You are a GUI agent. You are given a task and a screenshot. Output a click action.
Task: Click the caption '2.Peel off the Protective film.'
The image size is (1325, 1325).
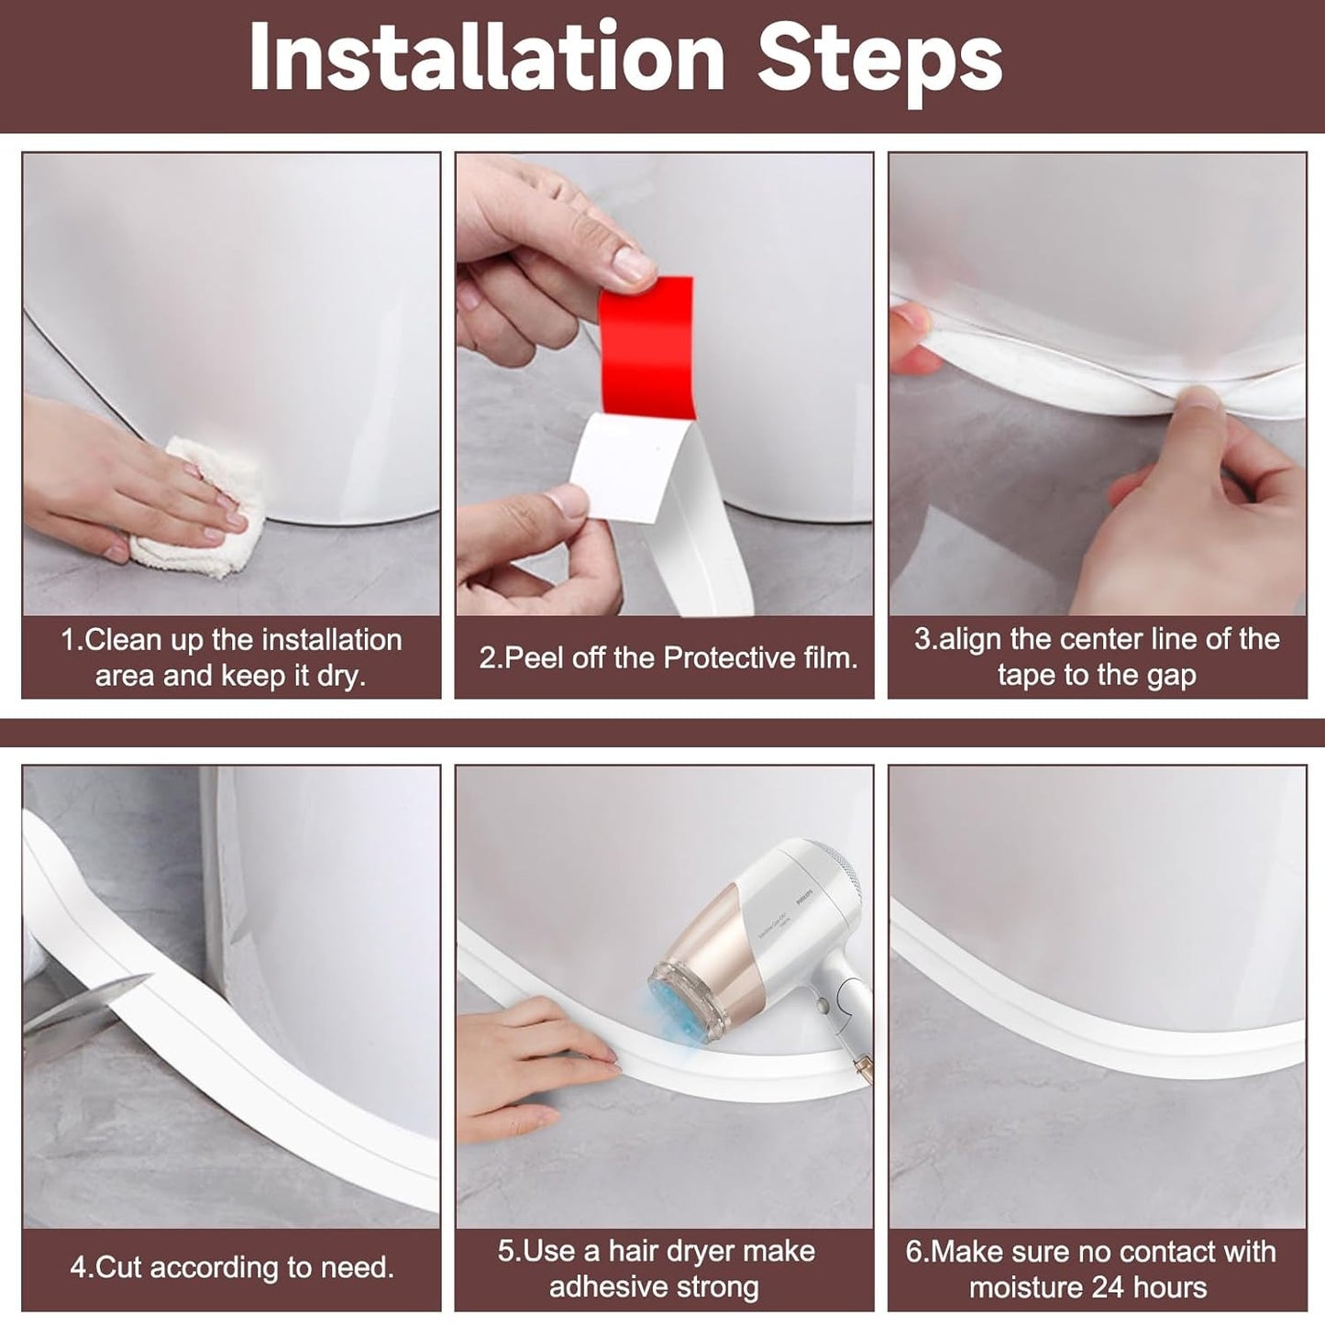[668, 657]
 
